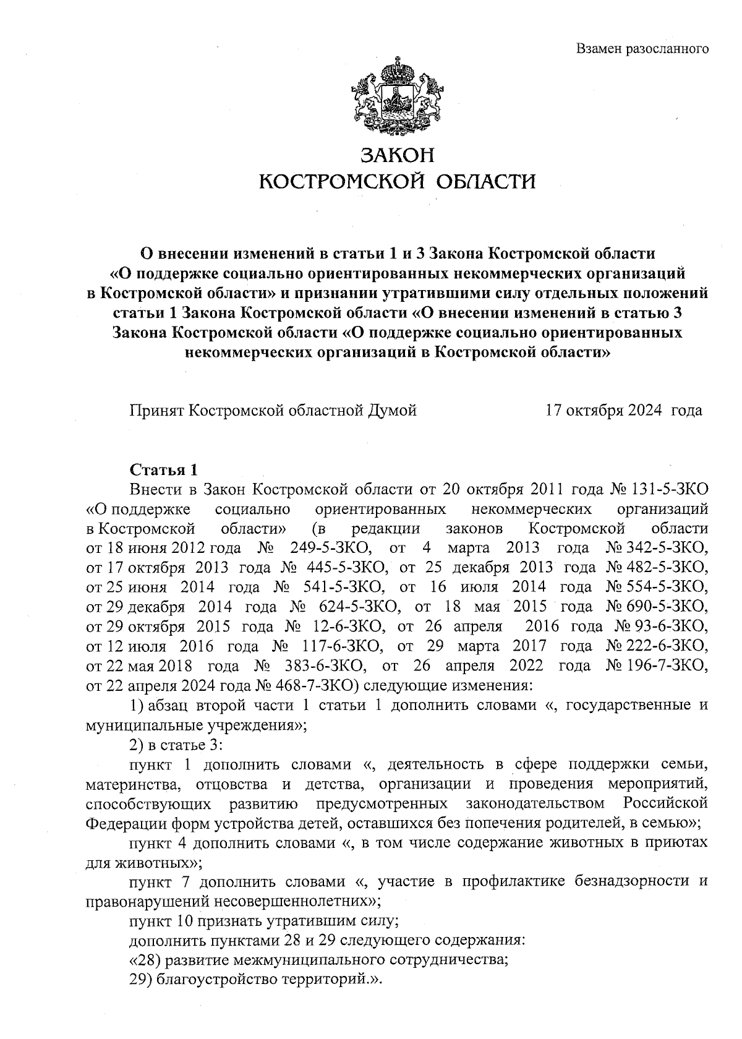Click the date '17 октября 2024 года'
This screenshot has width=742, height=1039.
[x=623, y=410]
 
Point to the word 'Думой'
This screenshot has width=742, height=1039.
[x=393, y=410]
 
